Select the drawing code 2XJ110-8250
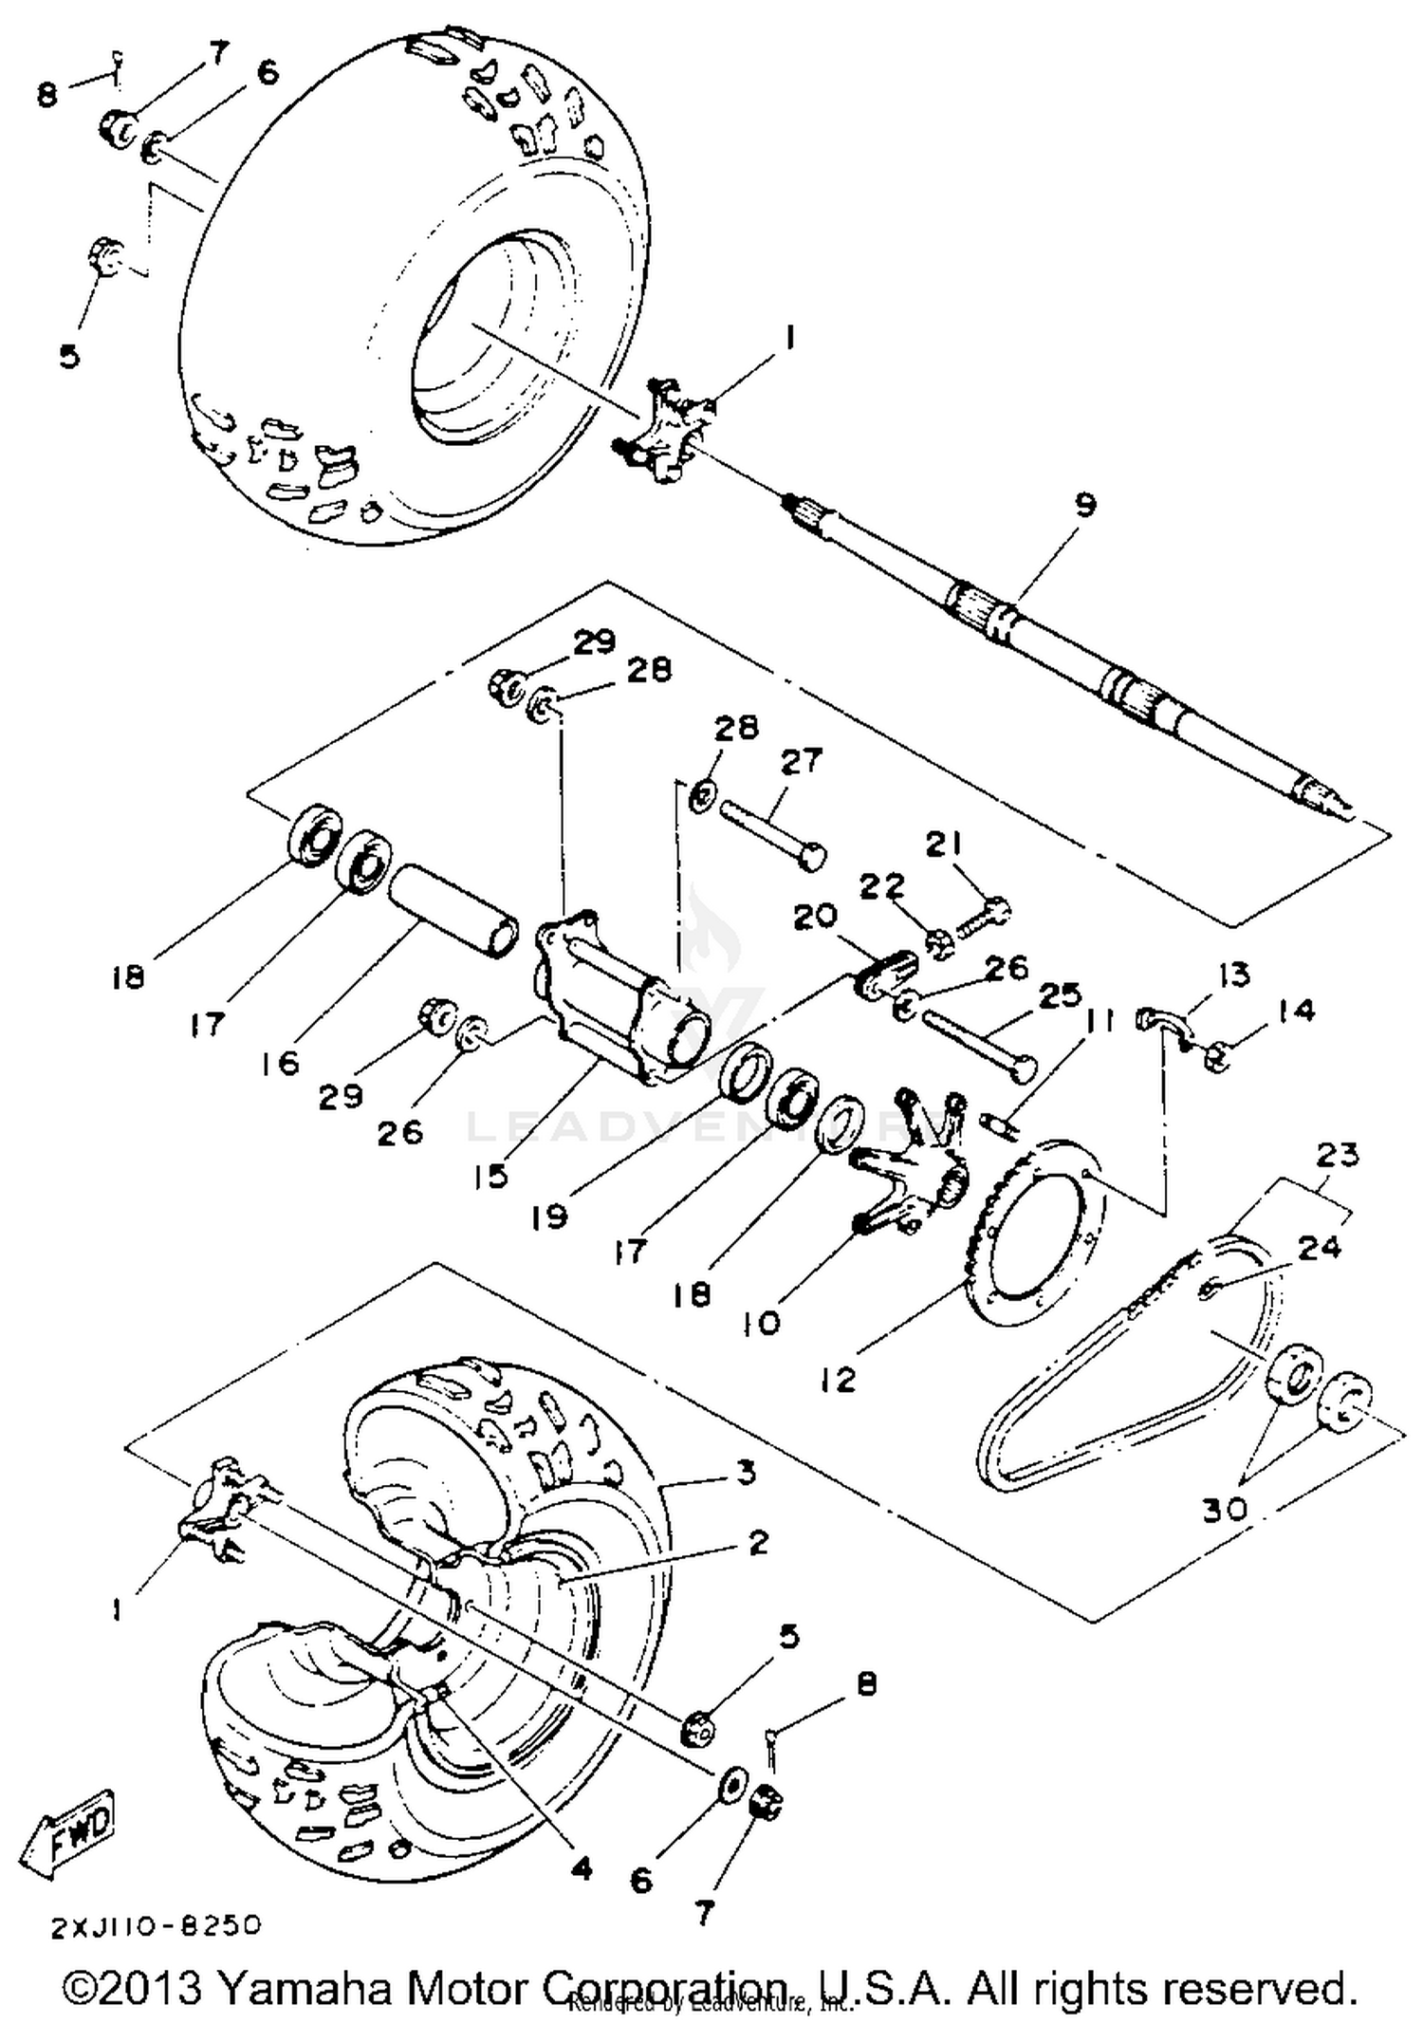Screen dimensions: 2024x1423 point(156,1925)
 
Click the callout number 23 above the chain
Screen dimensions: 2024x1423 point(1337,1155)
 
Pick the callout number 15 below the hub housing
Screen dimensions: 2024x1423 point(491,1177)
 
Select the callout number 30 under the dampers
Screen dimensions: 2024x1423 point(1225,1510)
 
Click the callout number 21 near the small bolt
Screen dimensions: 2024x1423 point(944,844)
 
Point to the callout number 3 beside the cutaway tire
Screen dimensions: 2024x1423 point(746,1473)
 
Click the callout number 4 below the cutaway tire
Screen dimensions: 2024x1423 point(581,1868)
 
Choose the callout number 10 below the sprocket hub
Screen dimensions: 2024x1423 point(760,1322)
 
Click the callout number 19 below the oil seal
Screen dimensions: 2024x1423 point(548,1217)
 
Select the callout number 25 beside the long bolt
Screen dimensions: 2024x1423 point(1060,995)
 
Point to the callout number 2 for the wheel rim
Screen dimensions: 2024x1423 point(757,1543)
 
